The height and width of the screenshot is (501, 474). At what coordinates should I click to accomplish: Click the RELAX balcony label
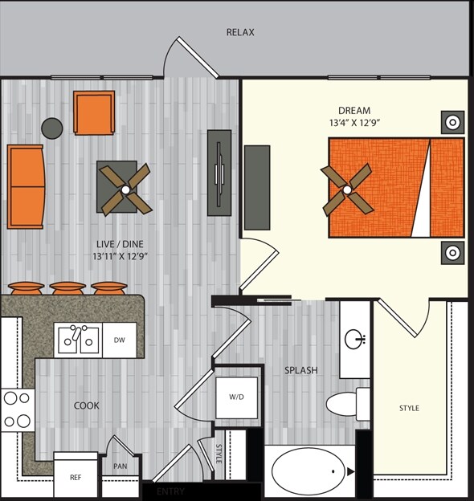(x=240, y=33)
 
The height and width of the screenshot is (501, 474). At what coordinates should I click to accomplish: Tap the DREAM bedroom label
(x=355, y=110)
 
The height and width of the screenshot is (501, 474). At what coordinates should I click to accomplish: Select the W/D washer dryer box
(x=236, y=396)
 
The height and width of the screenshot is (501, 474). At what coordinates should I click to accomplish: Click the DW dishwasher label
(x=120, y=340)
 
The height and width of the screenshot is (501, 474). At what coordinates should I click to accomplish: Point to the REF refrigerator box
(x=76, y=477)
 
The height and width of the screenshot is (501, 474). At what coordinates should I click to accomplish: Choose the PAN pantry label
(x=120, y=466)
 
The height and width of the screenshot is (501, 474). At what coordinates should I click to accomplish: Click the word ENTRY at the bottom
(x=170, y=491)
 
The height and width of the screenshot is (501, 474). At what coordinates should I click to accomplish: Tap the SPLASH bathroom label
(x=301, y=370)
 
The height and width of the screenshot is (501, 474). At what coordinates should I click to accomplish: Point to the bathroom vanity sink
(x=354, y=339)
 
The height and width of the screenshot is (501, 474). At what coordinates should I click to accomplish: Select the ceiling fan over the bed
(x=346, y=189)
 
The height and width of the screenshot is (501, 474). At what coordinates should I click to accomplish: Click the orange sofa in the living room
(x=26, y=186)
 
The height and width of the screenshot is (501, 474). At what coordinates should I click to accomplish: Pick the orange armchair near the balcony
(x=93, y=113)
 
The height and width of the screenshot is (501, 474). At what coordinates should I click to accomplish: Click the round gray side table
(x=52, y=127)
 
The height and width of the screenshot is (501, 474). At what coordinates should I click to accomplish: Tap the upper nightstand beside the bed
(x=452, y=123)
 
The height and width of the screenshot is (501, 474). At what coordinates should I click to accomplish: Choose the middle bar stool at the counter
(x=67, y=287)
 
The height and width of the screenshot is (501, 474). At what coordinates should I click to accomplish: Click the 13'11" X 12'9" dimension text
(x=120, y=257)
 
